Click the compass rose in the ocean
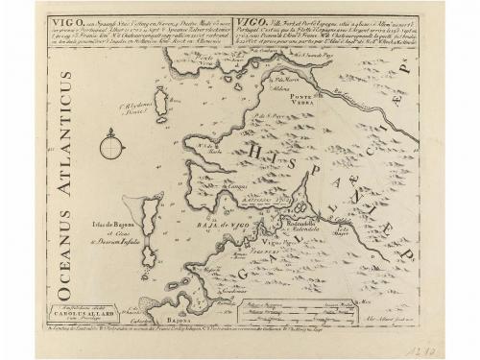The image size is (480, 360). click(x=111, y=150)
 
